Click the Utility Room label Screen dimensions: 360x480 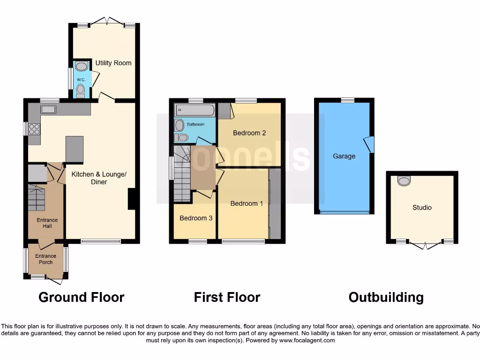coord(113,63)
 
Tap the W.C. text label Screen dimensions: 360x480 coord(81,80)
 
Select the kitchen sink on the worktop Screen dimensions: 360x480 coord(48,110)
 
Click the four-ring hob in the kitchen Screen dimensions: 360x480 coord(34,128)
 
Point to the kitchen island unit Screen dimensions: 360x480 coord(75,150)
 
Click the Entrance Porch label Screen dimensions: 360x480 coord(45,259)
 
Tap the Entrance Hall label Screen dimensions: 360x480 coord(47,223)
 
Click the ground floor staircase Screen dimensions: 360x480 coord(37,197)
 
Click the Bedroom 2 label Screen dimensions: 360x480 coord(249,133)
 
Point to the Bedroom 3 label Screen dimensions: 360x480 coord(196,218)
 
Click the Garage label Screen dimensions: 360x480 coord(344,156)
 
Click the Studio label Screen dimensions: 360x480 coord(422,207)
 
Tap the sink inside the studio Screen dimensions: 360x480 coord(404,181)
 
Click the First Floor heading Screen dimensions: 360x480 coord(227,297)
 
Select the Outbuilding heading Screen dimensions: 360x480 coord(386,297)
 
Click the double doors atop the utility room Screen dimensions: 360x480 coord(107,22)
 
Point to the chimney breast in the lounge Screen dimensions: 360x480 coord(132,199)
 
